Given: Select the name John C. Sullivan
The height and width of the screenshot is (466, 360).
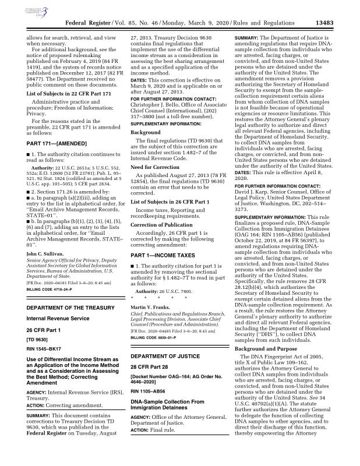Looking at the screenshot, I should [46, 238].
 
